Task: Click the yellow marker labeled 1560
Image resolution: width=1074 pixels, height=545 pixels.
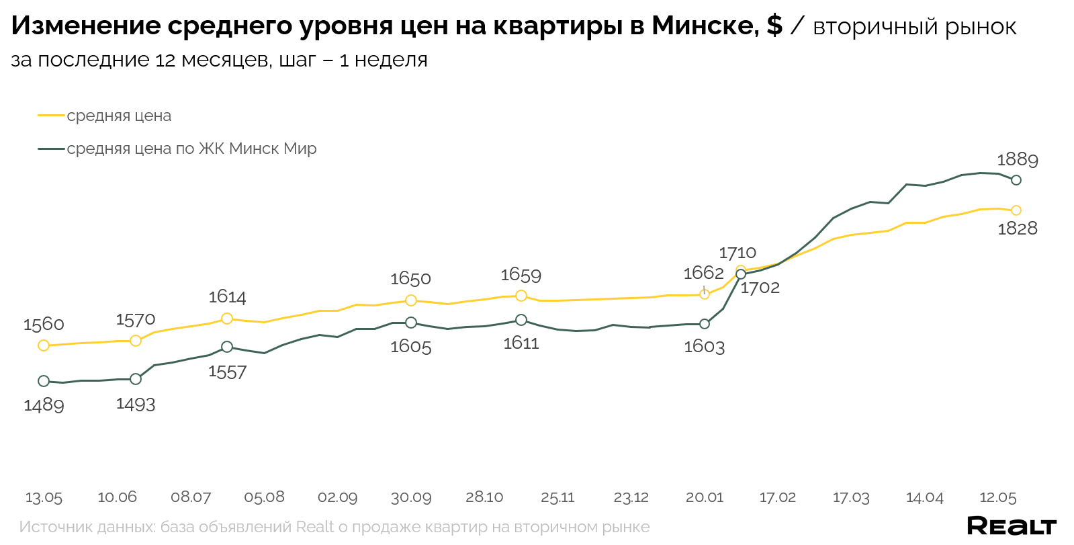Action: click(x=44, y=345)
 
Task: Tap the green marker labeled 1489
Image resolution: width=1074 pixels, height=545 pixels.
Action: click(x=44, y=381)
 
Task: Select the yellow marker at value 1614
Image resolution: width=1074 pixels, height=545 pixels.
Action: click(x=227, y=319)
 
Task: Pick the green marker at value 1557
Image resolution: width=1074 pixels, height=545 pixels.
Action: click(x=227, y=347)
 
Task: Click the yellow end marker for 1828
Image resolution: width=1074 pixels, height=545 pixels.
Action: click(x=1016, y=210)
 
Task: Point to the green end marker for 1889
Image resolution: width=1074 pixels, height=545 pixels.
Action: click(x=1016, y=180)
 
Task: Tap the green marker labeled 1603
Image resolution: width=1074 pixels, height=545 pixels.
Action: click(x=705, y=324)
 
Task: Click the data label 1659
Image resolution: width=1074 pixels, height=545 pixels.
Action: click(x=521, y=275)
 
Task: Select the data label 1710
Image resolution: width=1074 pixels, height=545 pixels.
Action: click(x=737, y=253)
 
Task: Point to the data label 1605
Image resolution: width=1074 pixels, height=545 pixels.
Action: click(x=410, y=347)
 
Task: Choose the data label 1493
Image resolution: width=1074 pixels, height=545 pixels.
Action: click(x=136, y=405)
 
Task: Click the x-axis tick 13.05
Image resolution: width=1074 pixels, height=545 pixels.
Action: click(x=44, y=498)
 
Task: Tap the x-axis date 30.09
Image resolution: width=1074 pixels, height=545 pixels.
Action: click(x=411, y=498)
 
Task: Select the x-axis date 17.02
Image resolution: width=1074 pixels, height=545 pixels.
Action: click(x=778, y=498)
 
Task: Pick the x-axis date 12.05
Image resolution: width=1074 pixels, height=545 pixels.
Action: click(x=998, y=498)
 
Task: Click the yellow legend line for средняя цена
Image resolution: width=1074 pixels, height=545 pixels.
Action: click(x=51, y=116)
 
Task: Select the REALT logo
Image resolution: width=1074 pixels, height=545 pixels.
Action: click(x=1012, y=526)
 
